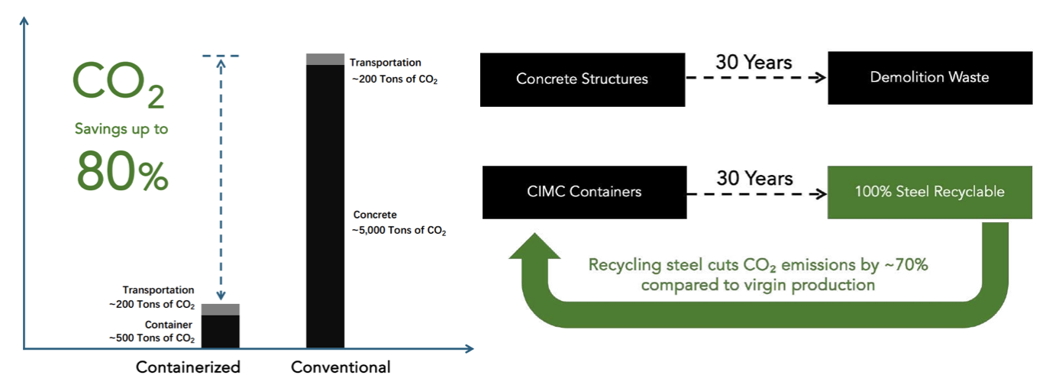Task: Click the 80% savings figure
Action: (x=122, y=173)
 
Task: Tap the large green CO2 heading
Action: (x=118, y=85)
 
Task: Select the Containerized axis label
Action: (x=188, y=367)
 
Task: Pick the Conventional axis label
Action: (x=341, y=367)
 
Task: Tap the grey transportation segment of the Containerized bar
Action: (x=220, y=309)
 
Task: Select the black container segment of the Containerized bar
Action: (x=220, y=331)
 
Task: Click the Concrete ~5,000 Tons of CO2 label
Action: (x=399, y=222)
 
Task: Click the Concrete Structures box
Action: (x=582, y=79)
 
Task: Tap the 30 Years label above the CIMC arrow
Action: (x=754, y=178)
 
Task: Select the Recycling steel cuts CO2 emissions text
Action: (x=757, y=275)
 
